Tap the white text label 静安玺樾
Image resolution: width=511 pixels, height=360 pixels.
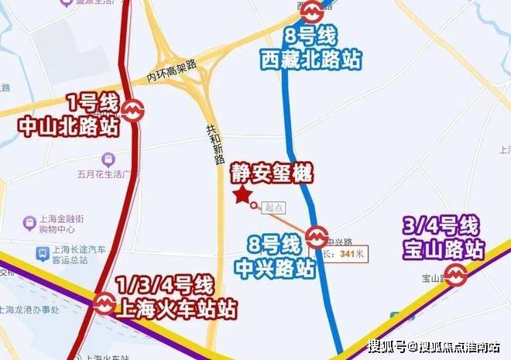pos(271,173)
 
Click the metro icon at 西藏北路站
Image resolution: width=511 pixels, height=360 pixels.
pos(312,11)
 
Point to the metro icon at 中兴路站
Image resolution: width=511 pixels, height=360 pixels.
pos(316,235)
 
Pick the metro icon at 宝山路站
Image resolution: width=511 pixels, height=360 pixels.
pos(457,273)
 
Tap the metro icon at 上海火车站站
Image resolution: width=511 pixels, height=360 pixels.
pos(102,303)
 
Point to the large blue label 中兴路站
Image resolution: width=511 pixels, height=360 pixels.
pos(276,269)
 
